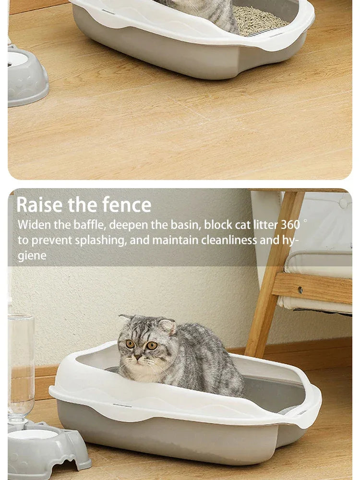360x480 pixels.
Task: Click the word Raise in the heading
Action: pos(40,205)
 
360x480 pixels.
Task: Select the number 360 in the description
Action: pos(290,225)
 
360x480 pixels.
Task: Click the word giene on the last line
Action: pos(32,255)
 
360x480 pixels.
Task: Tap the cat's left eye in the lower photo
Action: pos(130,344)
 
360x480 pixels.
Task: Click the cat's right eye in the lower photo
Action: pos(152,345)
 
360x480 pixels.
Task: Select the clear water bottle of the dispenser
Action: pos(20,365)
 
